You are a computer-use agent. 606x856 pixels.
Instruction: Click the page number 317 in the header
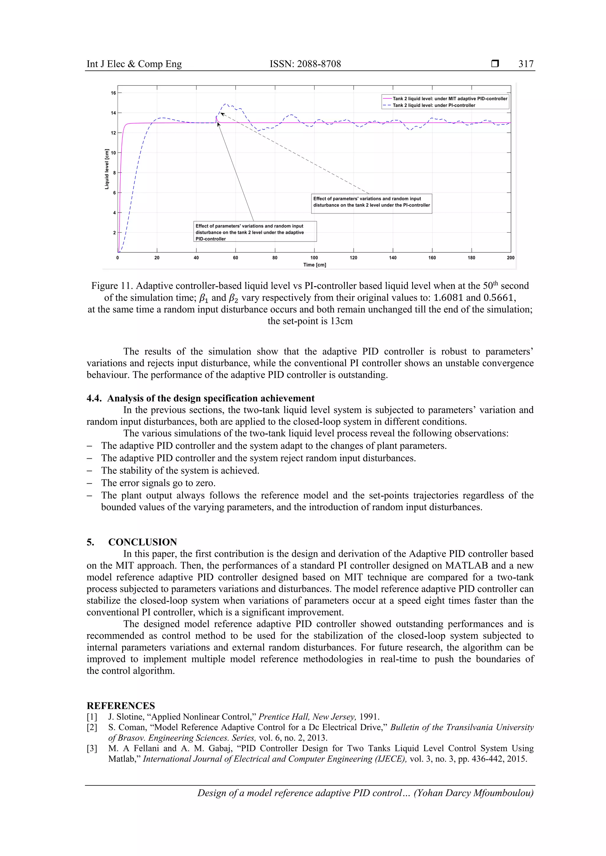(526, 64)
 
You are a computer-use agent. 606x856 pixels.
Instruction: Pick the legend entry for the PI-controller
(433, 106)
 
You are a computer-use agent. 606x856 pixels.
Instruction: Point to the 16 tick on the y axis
(113, 93)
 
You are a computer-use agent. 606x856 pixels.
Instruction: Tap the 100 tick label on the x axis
(314, 258)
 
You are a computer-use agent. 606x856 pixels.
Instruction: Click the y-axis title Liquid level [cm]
(107, 169)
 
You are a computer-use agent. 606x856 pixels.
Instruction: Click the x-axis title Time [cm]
(314, 265)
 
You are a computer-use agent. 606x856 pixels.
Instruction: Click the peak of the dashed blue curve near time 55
(225, 104)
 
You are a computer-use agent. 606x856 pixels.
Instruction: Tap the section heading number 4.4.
(94, 398)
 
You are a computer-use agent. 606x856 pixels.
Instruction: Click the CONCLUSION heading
(143, 542)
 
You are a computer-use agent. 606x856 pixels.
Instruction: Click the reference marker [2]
(92, 727)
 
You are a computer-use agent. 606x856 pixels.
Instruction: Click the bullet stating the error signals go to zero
(158, 483)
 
